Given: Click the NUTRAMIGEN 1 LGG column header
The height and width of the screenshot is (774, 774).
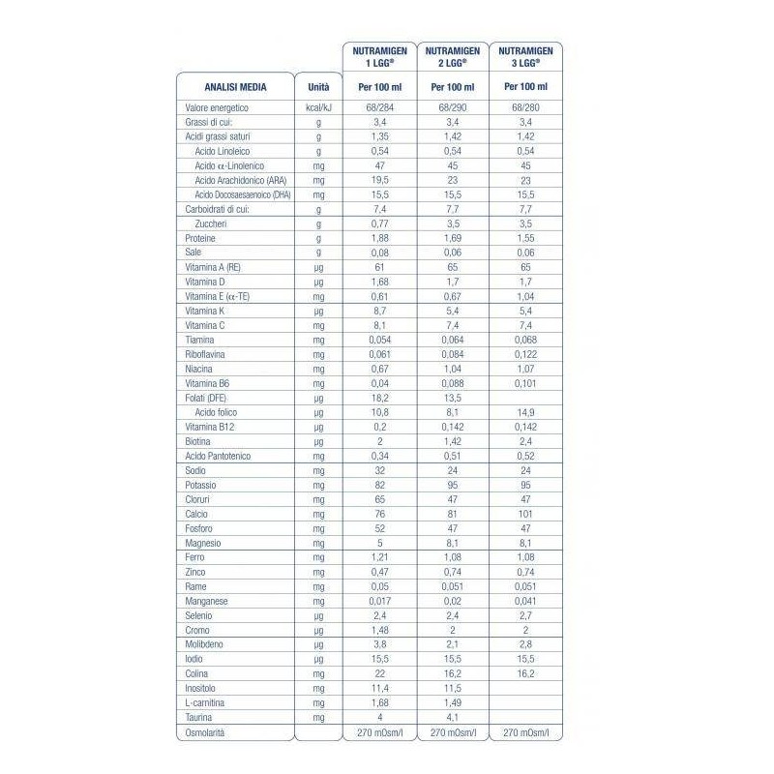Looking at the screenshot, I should click(x=380, y=56).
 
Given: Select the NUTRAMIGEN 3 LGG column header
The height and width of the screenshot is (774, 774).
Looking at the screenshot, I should click(x=525, y=56).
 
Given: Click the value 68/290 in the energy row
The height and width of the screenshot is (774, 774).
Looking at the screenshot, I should click(x=453, y=108).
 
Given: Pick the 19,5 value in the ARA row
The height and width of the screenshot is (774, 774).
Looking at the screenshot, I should click(x=380, y=181).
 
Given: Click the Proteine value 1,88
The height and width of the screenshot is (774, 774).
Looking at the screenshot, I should click(x=380, y=238).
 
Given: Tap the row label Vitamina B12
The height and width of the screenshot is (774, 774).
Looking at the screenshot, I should click(x=211, y=427).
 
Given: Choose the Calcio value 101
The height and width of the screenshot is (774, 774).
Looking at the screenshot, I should click(x=525, y=515).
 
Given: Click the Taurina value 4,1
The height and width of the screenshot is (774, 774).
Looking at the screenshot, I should click(x=453, y=717).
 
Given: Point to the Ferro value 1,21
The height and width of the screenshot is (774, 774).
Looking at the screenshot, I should click(x=380, y=557).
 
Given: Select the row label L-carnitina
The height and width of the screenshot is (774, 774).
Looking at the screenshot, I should click(x=206, y=702).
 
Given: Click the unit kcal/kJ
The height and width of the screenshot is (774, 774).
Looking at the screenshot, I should click(x=318, y=108).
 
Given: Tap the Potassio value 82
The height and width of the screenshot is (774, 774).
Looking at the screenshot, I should click(x=380, y=485).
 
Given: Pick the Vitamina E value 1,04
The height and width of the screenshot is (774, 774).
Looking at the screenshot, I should click(x=525, y=296).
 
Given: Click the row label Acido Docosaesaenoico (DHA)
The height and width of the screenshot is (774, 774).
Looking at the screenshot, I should click(x=242, y=195).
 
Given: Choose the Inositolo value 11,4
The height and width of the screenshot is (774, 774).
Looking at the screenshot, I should click(x=380, y=688).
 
